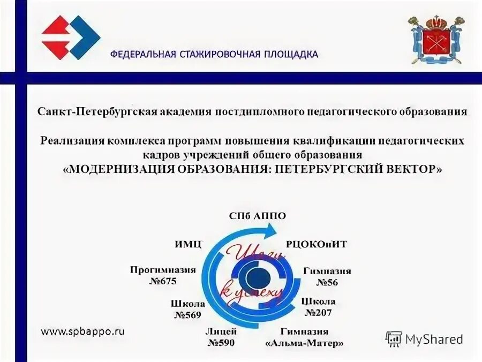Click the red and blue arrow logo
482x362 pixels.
click(70, 37)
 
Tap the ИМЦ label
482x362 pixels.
click(188, 244)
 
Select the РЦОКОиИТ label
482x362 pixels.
click(317, 244)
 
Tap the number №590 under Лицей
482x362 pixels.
click(221, 343)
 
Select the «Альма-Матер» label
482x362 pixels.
click(304, 343)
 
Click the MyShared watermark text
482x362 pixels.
click(434, 339)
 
